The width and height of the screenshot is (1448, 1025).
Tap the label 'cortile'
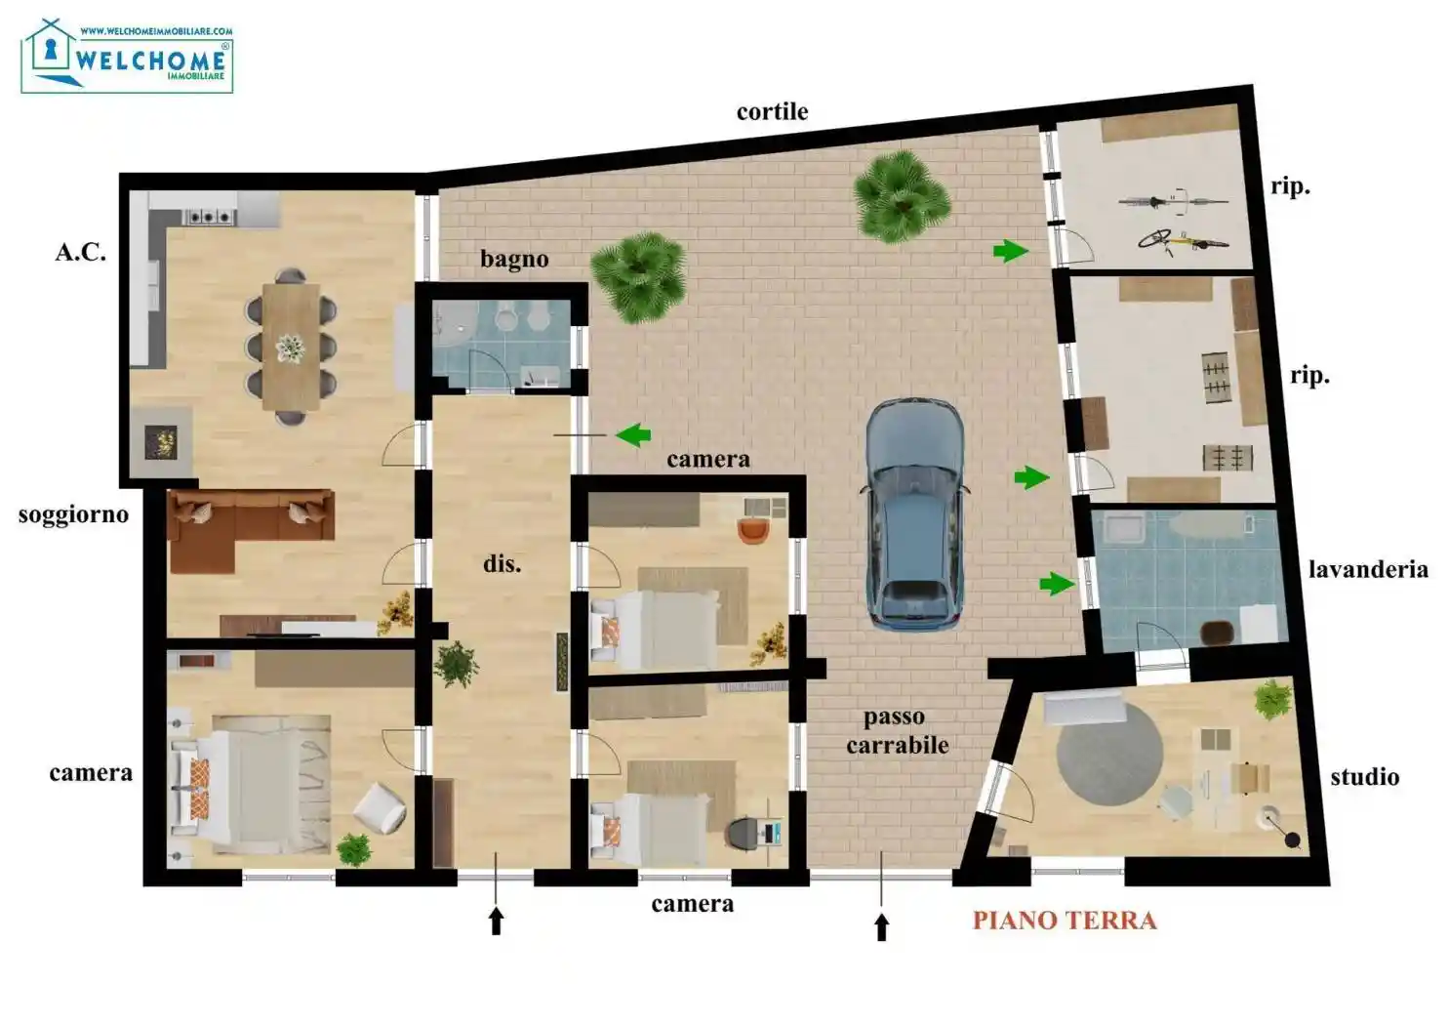point(772,112)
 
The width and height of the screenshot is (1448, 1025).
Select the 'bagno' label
point(514,260)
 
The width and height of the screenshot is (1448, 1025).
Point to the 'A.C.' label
point(80,253)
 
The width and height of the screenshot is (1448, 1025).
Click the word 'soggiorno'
point(73,514)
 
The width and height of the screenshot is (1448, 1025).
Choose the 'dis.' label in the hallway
point(502,564)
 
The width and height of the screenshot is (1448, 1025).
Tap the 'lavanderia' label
point(1368,569)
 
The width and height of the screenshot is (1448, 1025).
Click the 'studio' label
point(1364,777)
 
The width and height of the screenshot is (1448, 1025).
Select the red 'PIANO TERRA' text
point(1065,921)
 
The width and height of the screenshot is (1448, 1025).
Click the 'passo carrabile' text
point(897,731)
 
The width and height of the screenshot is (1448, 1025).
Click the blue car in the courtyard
point(915,512)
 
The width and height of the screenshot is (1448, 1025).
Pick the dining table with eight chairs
point(291,347)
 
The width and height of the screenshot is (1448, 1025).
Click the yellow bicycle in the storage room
point(1182,240)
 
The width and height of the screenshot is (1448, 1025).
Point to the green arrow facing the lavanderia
point(1057,584)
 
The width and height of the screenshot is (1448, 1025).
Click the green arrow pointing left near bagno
point(633,434)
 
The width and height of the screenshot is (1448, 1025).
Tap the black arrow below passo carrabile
point(882,926)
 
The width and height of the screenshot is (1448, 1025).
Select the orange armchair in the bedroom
point(752,530)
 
